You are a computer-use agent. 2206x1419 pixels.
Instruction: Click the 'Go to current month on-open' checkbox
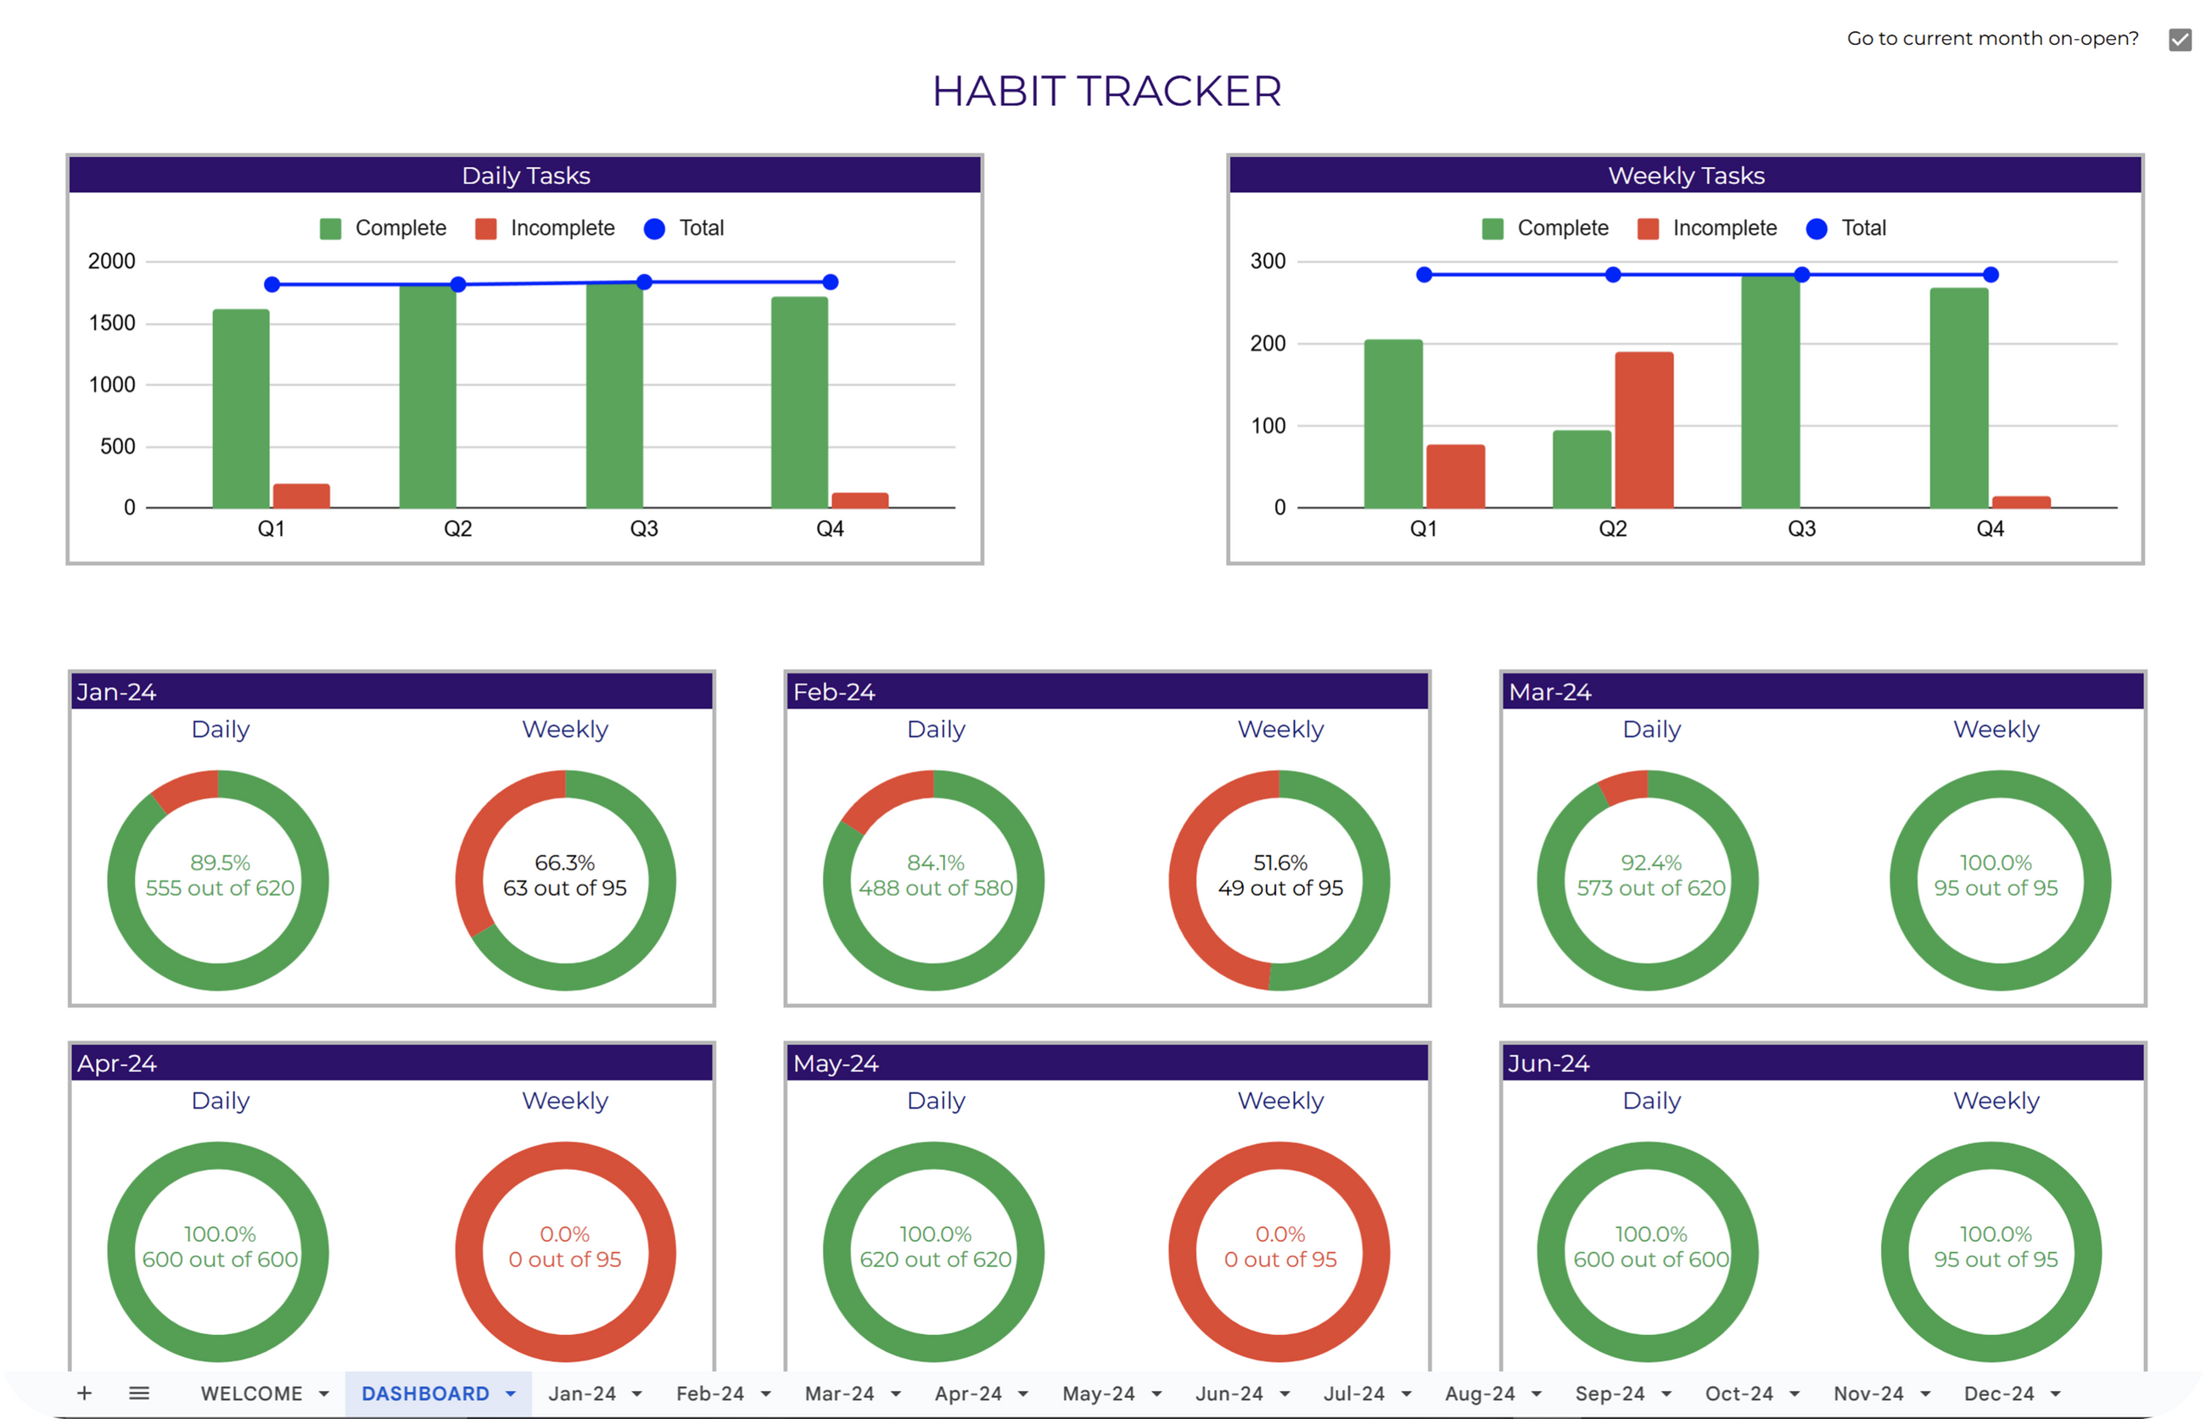[x=2180, y=40]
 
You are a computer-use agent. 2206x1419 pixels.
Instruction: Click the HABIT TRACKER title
[x=1106, y=92]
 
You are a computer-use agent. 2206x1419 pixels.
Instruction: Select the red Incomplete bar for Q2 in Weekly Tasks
[x=1644, y=429]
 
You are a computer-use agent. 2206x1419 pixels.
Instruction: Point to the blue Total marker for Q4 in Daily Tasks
[x=831, y=282]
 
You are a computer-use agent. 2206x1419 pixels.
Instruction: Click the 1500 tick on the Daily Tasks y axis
[x=112, y=323]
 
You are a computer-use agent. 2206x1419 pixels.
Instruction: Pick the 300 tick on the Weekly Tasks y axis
[x=1268, y=262]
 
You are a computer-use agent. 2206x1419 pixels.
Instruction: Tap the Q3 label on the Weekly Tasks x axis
[x=1801, y=529]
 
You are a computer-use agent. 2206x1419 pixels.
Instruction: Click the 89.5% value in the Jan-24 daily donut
[x=221, y=863]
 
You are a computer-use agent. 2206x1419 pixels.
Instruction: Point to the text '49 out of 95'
[x=1280, y=888]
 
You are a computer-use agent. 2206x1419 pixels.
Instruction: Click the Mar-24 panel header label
[x=1550, y=692]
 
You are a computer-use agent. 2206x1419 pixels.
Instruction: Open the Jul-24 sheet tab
[x=1353, y=1394]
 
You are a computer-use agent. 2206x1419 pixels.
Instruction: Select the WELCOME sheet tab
[x=251, y=1394]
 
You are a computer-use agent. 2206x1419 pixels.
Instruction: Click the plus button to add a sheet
[x=84, y=1394]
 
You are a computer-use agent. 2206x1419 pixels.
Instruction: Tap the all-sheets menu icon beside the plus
[x=139, y=1394]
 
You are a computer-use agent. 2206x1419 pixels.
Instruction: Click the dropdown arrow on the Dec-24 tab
[x=2056, y=1394]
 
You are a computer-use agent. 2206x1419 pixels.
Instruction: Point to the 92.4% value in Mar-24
[x=1650, y=863]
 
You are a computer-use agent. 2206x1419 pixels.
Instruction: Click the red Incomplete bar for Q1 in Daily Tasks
[x=301, y=495]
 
